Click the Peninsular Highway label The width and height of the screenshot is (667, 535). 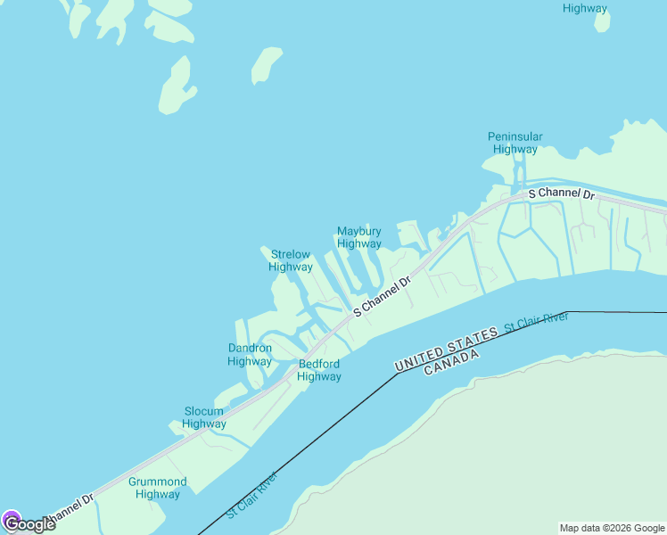tap(515, 143)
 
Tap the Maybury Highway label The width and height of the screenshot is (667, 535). tap(358, 237)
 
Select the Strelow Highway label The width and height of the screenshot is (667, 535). tap(291, 260)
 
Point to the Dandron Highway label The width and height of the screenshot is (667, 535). tap(250, 355)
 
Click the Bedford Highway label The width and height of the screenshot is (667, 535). tap(319, 370)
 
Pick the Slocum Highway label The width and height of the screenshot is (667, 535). tap(203, 417)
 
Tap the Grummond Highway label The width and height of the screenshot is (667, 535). tap(158, 488)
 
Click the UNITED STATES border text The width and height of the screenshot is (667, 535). tap(446, 350)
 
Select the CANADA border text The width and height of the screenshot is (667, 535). tap(451, 362)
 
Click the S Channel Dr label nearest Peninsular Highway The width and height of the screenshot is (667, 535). tap(561, 193)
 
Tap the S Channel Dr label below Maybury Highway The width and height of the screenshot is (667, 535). tap(382, 296)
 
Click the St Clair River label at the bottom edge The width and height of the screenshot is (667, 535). tap(251, 496)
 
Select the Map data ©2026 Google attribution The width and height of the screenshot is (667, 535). tap(613, 528)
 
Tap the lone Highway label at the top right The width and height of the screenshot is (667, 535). tap(585, 8)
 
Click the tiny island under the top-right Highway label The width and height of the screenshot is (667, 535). tap(603, 21)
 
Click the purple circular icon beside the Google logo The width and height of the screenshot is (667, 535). tap(11, 519)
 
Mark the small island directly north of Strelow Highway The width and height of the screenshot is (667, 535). tap(266, 66)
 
